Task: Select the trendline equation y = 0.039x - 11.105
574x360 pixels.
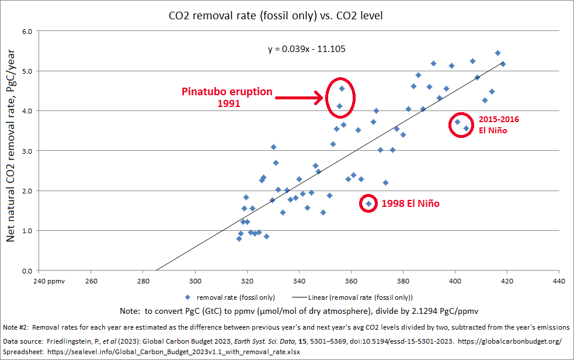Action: pos(307,49)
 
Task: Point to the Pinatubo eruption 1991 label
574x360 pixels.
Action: pos(227,97)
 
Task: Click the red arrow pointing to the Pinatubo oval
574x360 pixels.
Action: pos(298,98)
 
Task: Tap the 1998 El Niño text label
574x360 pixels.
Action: pos(410,204)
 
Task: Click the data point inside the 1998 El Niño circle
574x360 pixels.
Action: pos(368,203)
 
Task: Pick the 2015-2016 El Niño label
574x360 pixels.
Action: pos(495,124)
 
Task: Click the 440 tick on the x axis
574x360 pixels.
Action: pos(559,281)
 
